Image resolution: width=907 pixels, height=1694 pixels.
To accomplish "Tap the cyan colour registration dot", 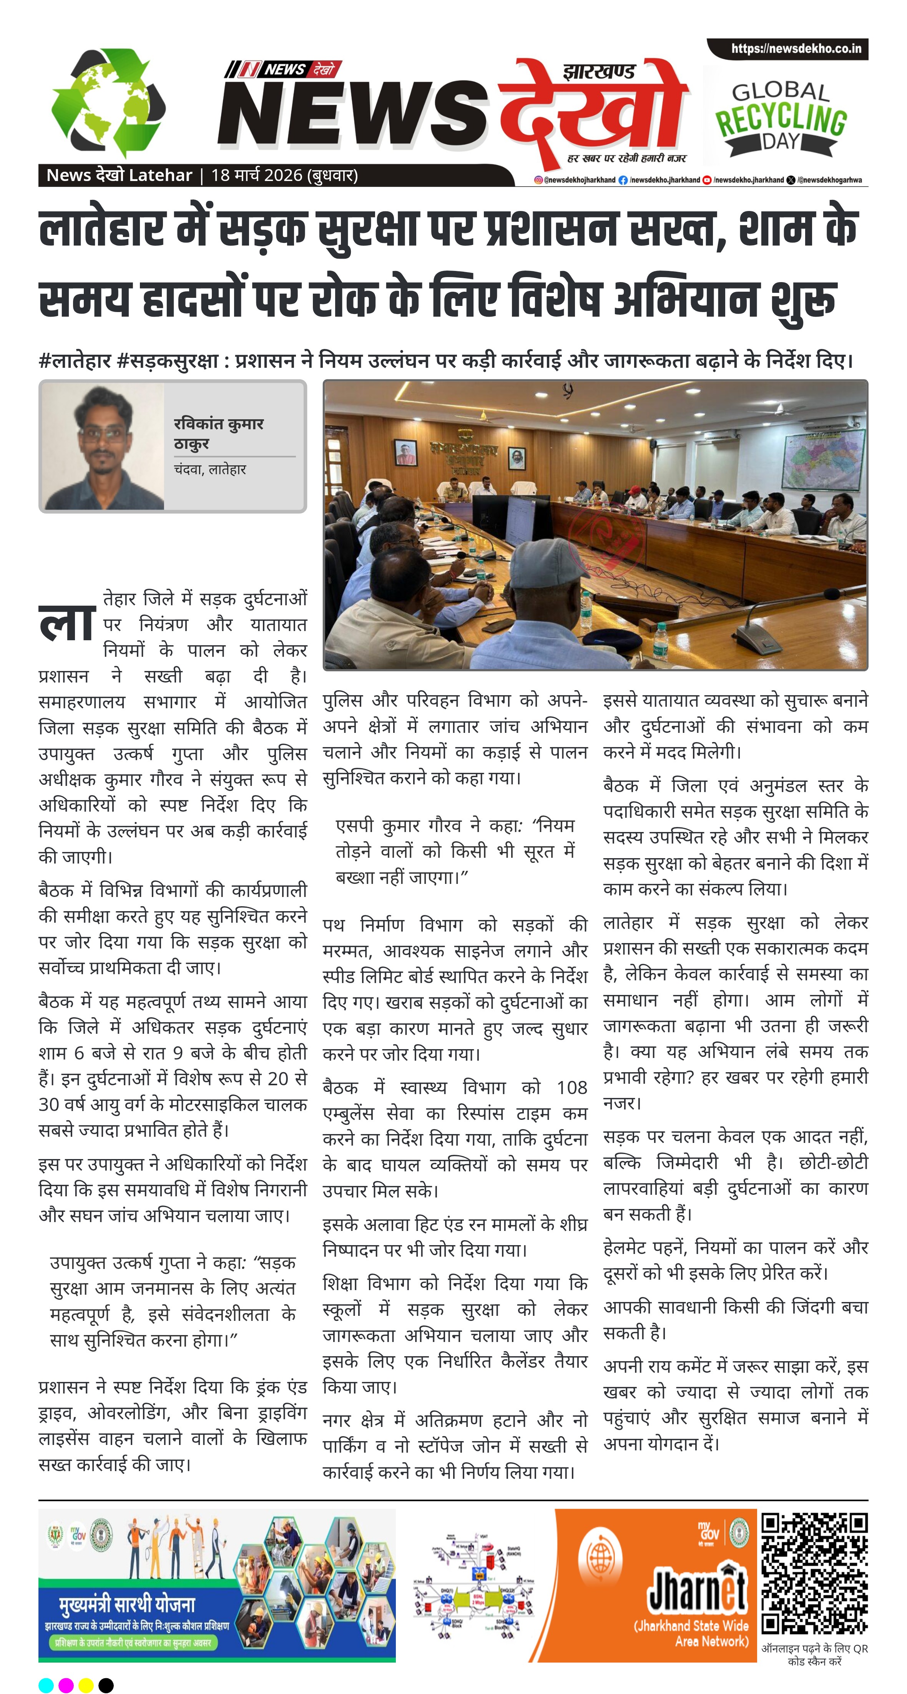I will (46, 1685).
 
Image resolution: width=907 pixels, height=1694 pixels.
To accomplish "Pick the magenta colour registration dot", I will (66, 1685).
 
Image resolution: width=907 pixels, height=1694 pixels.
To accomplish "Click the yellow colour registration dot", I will (85, 1685).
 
